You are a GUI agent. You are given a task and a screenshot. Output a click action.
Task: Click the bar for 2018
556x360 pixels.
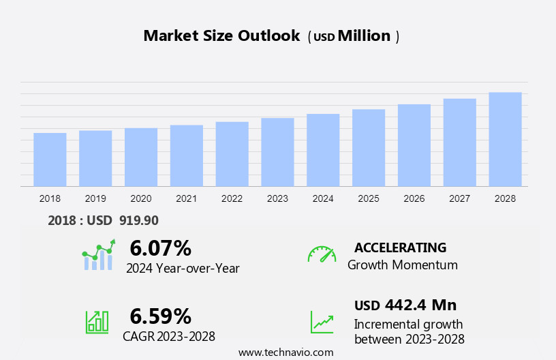click(x=50, y=160)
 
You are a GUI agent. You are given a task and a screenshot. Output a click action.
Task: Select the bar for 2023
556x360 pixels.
click(x=277, y=152)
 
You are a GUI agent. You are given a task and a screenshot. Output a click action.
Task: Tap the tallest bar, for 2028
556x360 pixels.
click(x=505, y=139)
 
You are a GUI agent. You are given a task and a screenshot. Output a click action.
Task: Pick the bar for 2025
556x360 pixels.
click(x=369, y=147)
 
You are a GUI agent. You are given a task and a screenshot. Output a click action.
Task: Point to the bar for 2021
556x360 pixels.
click(x=187, y=155)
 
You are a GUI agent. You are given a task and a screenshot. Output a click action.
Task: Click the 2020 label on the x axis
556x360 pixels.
click(x=141, y=198)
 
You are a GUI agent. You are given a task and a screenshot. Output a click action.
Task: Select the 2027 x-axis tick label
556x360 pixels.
click(x=460, y=198)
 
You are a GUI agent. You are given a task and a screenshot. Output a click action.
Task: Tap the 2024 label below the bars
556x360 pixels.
click(x=323, y=198)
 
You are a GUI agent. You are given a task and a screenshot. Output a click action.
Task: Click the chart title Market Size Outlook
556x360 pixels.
click(x=221, y=36)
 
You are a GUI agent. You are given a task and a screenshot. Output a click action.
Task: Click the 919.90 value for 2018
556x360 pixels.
click(x=138, y=220)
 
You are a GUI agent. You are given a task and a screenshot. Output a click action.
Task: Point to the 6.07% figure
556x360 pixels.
click(x=160, y=247)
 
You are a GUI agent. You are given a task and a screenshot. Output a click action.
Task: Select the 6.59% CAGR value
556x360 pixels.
click(x=160, y=316)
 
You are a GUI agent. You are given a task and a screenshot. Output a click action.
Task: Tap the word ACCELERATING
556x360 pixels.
click(x=400, y=247)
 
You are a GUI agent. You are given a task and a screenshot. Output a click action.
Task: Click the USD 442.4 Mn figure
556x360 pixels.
click(x=405, y=305)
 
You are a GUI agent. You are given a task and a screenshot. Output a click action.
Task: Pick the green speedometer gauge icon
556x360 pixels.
click(x=322, y=254)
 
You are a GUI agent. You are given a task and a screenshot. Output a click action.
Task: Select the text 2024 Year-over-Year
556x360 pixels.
click(x=183, y=269)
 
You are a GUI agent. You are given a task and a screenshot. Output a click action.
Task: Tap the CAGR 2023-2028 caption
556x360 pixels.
click(x=169, y=336)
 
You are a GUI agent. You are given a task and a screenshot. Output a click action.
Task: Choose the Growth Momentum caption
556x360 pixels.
click(x=403, y=265)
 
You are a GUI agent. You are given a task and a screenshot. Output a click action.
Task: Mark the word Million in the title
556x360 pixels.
click(x=365, y=36)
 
